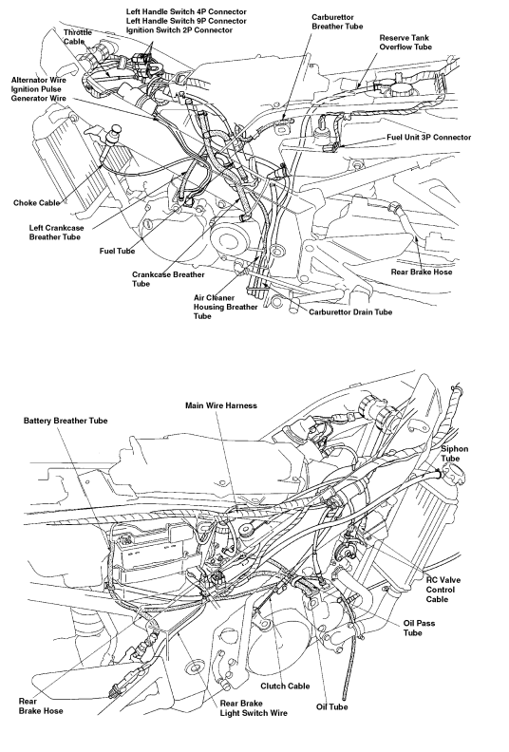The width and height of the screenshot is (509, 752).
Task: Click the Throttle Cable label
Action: coord(77,37)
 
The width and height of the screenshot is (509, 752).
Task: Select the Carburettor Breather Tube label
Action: coord(337,22)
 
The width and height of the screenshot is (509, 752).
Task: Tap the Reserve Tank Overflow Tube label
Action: coord(405,42)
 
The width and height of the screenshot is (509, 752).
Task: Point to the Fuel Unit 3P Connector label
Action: coord(429,137)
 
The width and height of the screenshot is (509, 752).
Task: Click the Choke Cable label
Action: coord(36,203)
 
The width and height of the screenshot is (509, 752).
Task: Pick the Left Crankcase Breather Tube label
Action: coord(56,232)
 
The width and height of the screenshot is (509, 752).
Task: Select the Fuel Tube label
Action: coord(117,251)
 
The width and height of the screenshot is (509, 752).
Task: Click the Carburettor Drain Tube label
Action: coord(350,312)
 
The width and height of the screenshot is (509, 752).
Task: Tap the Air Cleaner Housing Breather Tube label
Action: coord(225,307)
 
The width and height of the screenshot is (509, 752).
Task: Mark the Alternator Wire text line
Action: coord(39,80)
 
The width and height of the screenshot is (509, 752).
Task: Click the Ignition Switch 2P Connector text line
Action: coord(179,30)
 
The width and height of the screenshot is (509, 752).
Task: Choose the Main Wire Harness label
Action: coord(221,405)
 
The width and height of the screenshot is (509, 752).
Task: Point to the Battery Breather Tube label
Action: coord(66,421)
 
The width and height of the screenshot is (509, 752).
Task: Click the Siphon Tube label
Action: coord(454,454)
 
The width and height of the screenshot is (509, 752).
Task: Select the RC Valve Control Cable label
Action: coord(443,590)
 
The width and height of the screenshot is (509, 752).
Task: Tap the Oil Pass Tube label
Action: coord(419,628)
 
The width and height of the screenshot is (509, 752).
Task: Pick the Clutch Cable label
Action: coord(285,686)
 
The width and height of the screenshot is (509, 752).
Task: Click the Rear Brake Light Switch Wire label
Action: coord(254,708)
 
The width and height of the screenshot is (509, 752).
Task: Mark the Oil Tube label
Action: coord(332,707)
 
